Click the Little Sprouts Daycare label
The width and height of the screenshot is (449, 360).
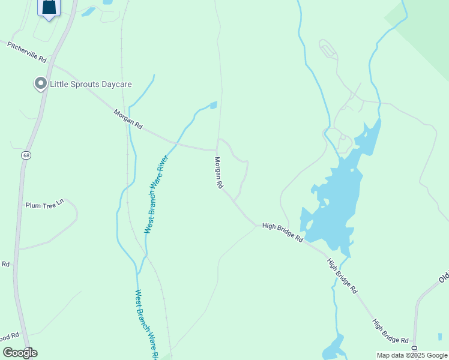[x=91, y=85]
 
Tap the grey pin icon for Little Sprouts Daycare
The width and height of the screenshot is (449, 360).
[x=41, y=83]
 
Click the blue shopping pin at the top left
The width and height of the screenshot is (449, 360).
[x=49, y=7]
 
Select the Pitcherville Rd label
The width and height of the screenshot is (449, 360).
[x=26, y=52]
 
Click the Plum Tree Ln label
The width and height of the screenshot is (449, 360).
[x=44, y=205]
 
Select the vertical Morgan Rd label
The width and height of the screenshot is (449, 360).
[x=219, y=173]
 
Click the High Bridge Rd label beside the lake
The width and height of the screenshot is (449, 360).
[x=283, y=232]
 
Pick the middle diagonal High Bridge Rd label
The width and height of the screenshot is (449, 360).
[x=342, y=275]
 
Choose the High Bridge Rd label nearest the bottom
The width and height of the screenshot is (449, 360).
[x=391, y=331]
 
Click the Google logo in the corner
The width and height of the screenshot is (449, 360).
[x=20, y=352]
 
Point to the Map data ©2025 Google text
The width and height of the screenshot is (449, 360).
[x=412, y=355]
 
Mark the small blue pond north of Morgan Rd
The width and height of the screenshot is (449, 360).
[x=212, y=106]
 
